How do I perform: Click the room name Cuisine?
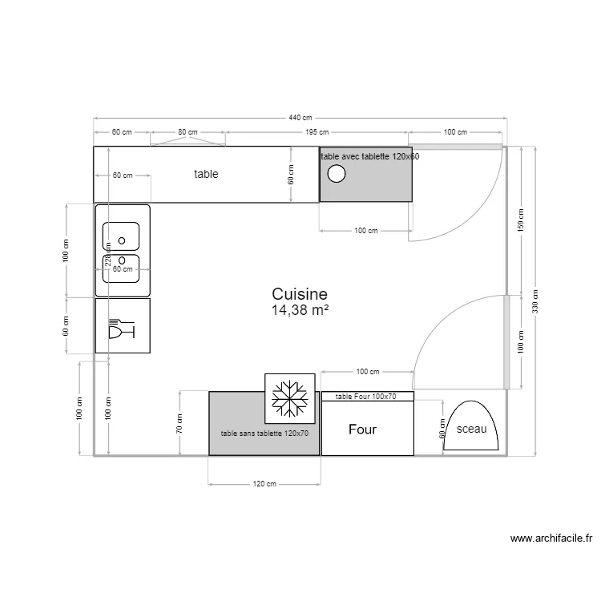point(300,295)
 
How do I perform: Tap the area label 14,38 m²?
point(300,310)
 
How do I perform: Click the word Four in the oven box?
point(362,430)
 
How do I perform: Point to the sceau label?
point(471,430)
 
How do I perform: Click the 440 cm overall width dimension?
point(300,118)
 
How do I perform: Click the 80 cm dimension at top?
point(188,132)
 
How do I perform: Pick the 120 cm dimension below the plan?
point(264,484)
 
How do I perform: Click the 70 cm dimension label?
point(179,424)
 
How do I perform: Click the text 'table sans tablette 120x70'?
point(264,434)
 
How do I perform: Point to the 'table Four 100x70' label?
point(367,396)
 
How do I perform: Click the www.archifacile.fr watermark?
point(550,539)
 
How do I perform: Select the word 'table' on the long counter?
point(206,174)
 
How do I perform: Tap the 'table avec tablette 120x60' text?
point(369,157)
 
